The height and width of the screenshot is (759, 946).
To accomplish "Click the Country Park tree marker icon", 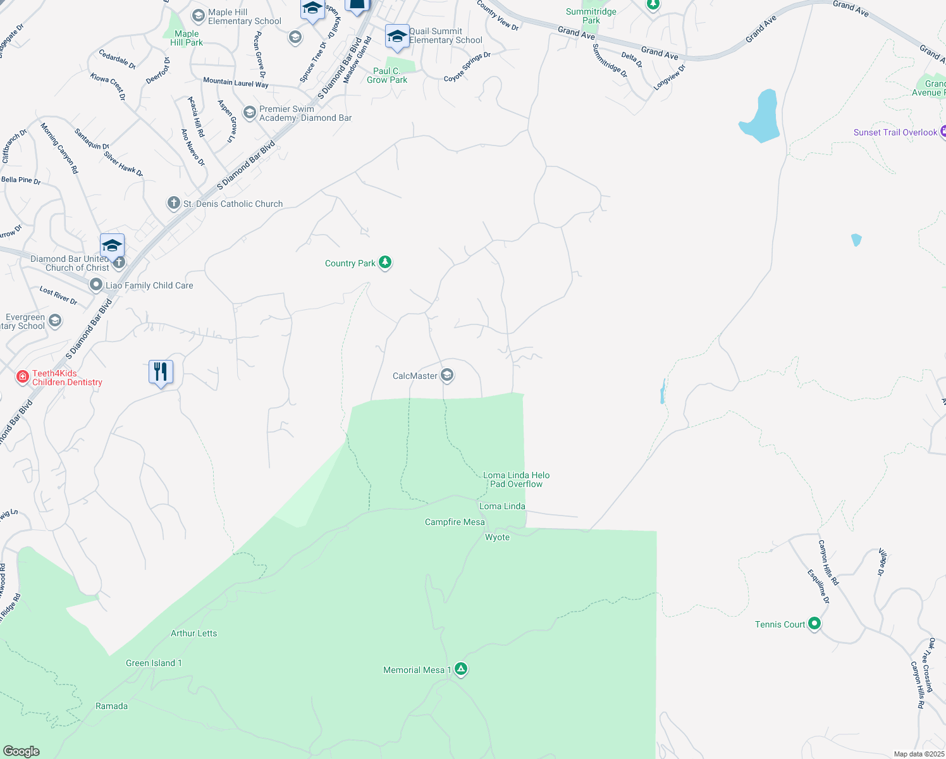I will click(385, 262).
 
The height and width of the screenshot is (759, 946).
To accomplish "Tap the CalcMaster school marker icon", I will click(447, 376).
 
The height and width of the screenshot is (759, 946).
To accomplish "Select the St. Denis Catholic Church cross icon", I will click(174, 203).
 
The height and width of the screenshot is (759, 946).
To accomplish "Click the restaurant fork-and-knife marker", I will click(161, 371).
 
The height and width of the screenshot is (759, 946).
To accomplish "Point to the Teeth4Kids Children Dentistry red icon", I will click(23, 377).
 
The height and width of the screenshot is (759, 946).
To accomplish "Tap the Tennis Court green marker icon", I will click(814, 624).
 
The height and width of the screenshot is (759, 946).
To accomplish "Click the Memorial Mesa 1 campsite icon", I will click(461, 669).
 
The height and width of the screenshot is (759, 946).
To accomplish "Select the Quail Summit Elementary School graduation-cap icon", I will click(396, 37).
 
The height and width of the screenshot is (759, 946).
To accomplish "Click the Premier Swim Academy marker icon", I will click(250, 113).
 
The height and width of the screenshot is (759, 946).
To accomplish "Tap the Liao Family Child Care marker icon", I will click(95, 285).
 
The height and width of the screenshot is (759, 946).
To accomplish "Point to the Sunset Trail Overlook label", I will click(895, 132).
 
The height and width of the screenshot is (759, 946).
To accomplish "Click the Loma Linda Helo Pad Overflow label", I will click(516, 479).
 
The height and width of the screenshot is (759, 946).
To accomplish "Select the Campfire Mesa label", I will click(455, 522).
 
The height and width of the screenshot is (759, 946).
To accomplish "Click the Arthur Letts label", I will click(193, 633).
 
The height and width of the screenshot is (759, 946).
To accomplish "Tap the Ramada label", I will click(111, 706).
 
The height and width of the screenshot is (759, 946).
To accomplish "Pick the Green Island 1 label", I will click(154, 663).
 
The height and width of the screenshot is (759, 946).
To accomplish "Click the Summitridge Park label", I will click(591, 16).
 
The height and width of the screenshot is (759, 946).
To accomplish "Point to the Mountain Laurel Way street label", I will click(235, 82).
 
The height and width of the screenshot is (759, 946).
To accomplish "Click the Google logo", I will click(21, 751).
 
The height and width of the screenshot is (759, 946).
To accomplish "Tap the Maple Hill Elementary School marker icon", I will click(199, 15).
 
